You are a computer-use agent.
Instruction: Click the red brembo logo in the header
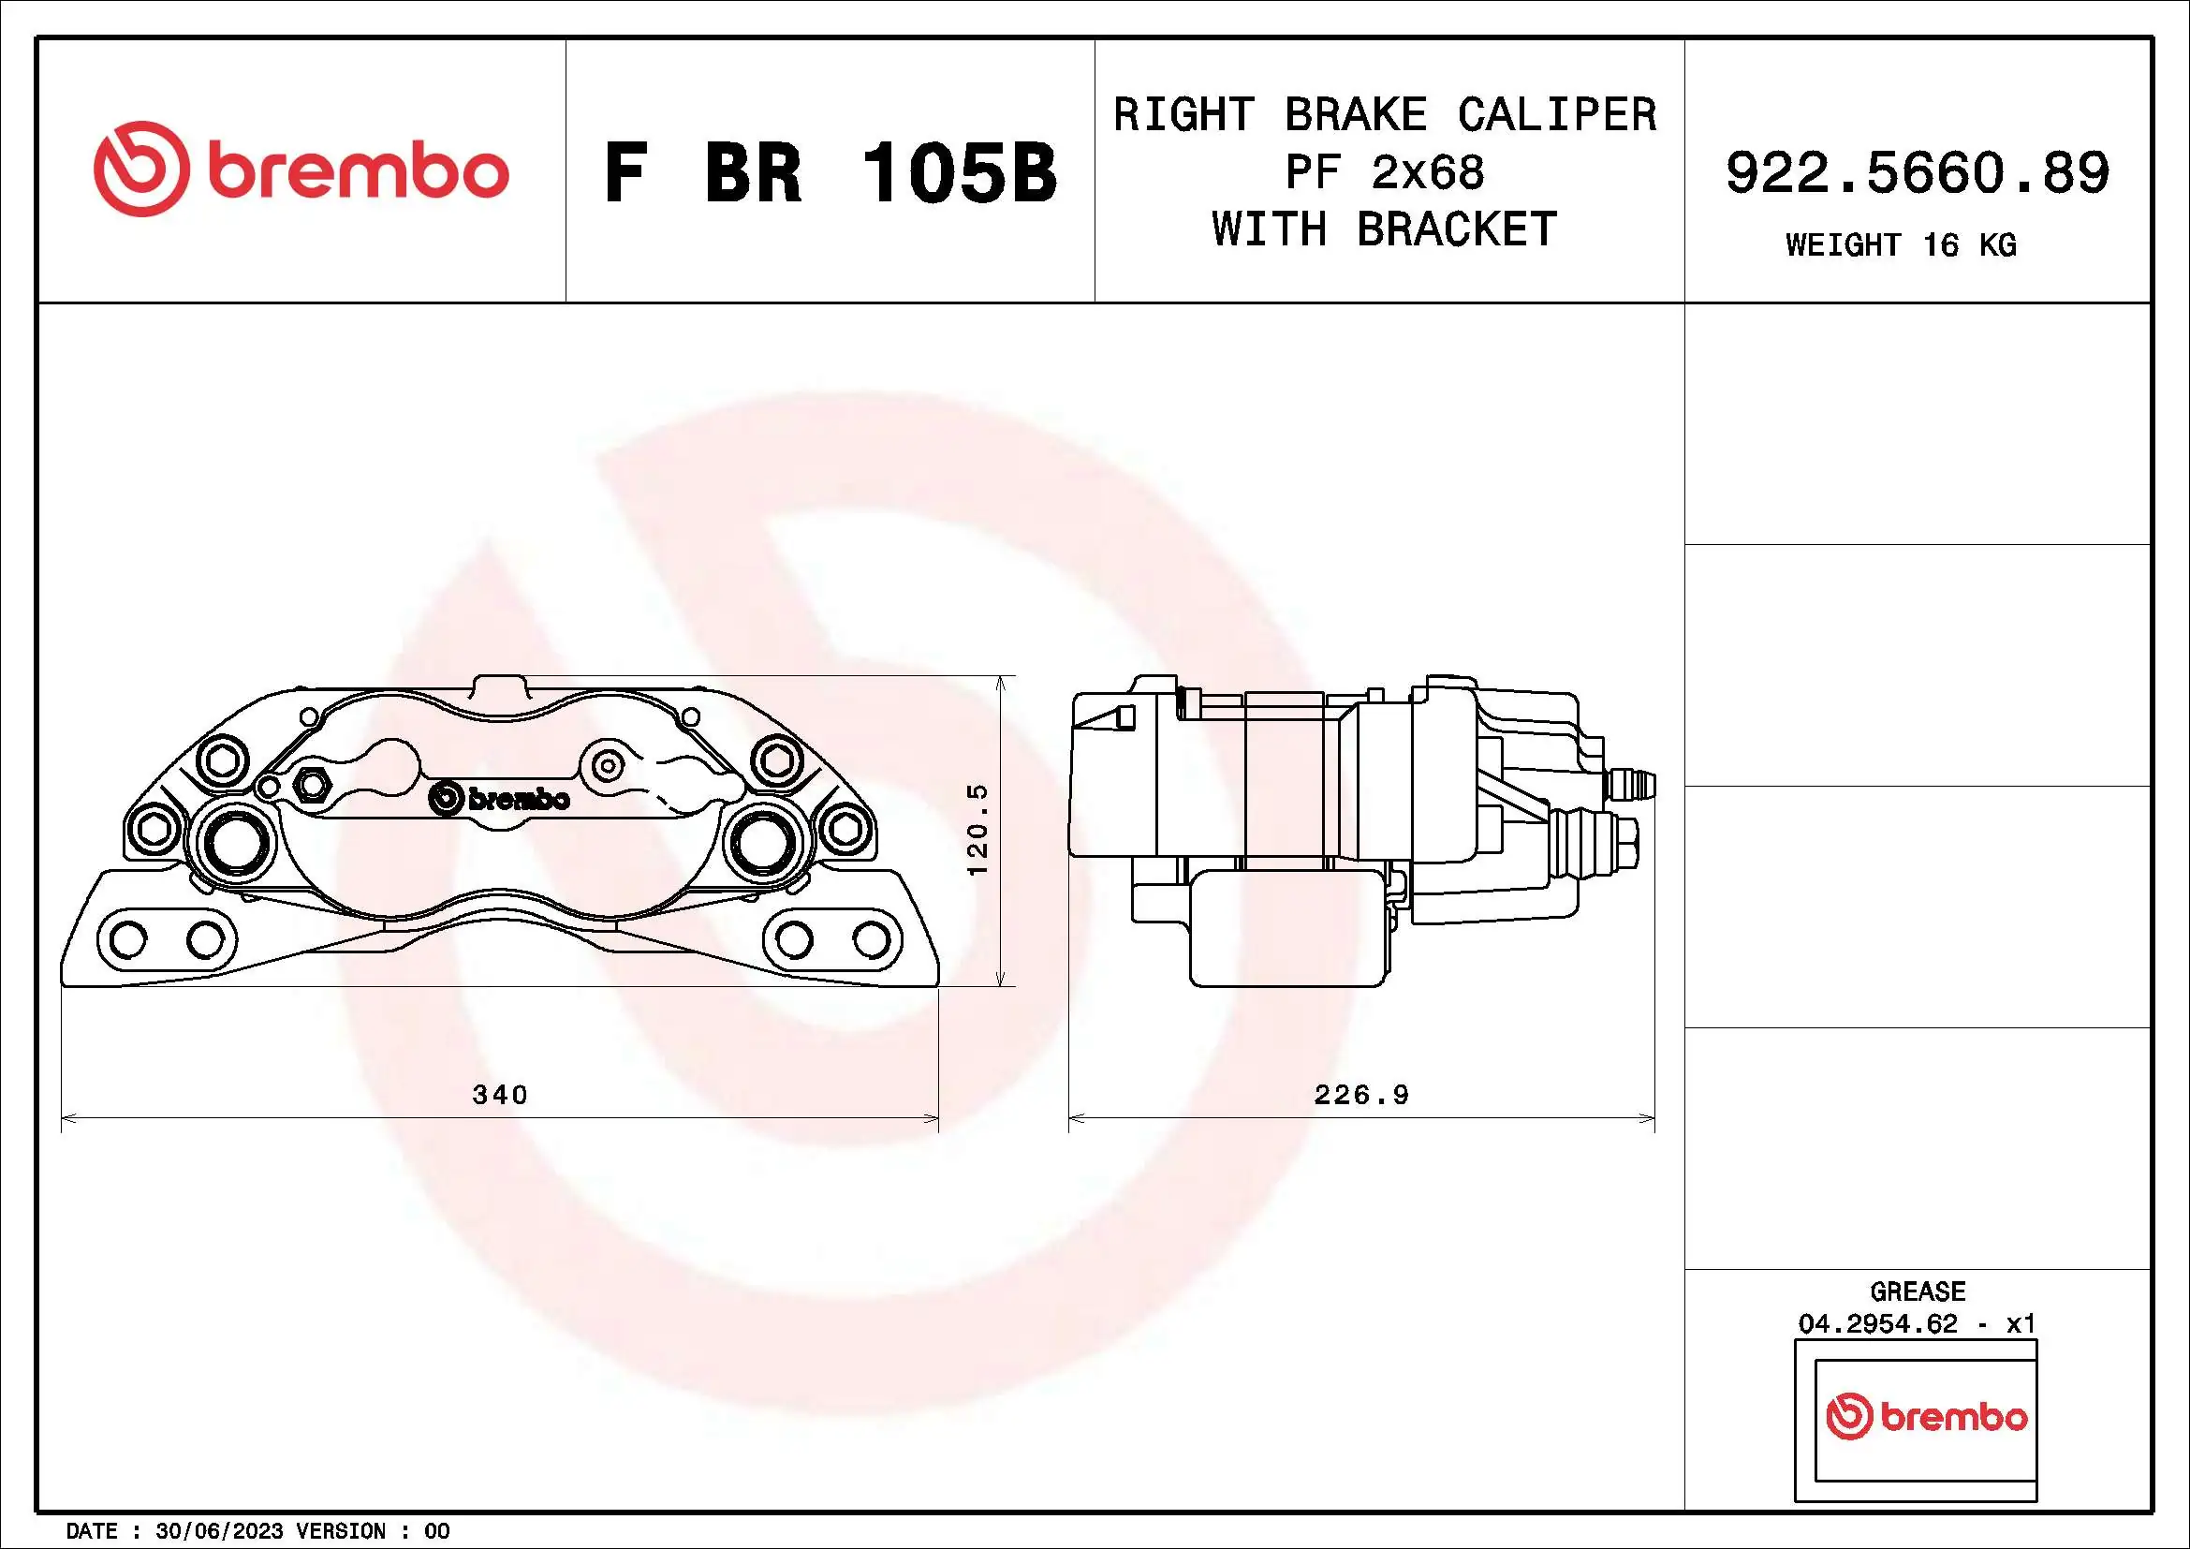301,170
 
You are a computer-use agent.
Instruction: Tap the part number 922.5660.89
1918,173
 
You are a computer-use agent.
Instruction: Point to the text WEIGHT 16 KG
1900,246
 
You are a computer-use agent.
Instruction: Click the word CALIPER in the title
1557,114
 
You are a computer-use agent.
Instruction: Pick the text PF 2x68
1384,172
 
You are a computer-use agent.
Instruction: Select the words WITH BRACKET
1384,229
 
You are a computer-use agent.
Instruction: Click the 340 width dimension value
500,1094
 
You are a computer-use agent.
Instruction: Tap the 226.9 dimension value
1361,1094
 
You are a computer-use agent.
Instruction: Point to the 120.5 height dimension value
978,829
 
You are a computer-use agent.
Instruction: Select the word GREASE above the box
1918,1291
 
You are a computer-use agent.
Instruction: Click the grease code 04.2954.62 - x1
1918,1324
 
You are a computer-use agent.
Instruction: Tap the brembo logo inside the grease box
1926,1417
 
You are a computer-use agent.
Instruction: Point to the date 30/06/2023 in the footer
218,1531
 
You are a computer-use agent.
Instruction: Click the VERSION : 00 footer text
373,1531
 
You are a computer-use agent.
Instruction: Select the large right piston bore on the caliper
762,839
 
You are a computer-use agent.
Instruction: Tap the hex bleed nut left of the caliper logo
309,784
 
